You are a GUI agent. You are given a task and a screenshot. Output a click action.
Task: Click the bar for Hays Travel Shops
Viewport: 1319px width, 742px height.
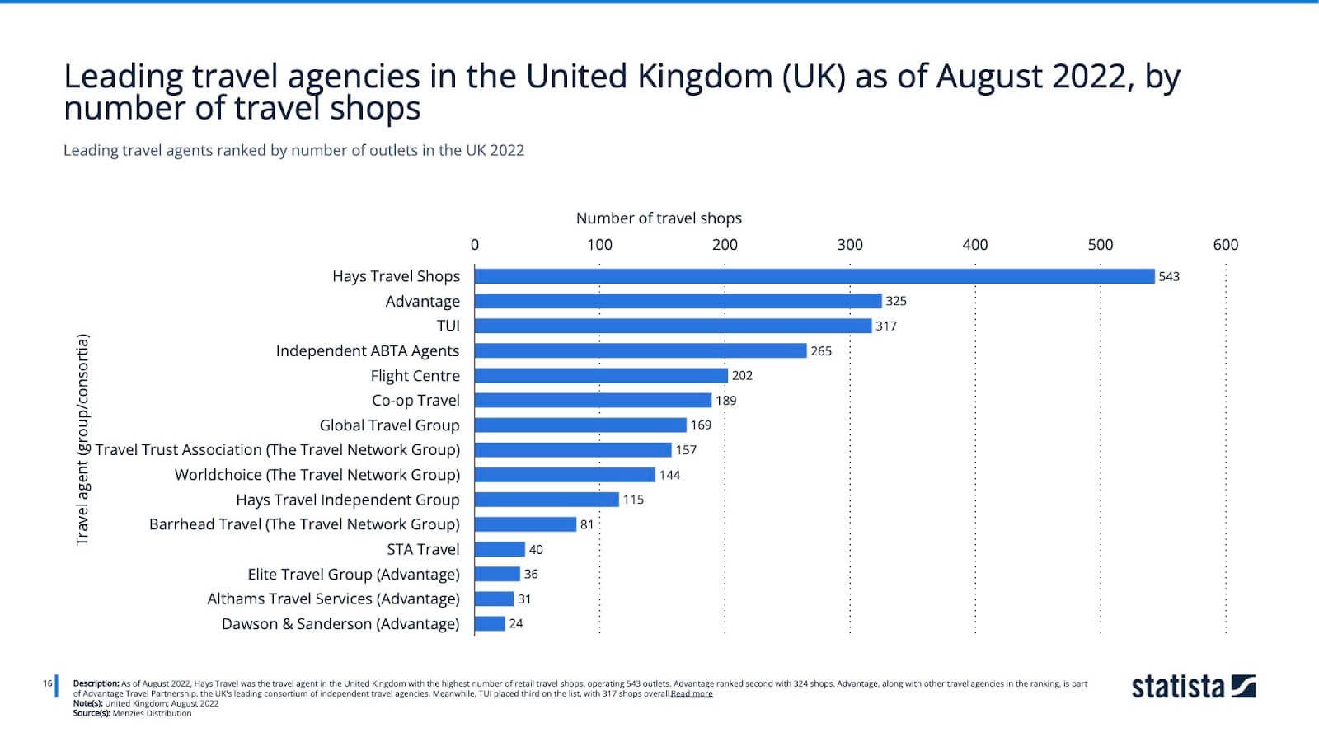pos(814,276)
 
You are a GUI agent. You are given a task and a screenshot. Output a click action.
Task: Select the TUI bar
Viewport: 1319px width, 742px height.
pos(673,326)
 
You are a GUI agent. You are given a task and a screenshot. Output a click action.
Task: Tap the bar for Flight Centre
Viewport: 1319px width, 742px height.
pos(601,375)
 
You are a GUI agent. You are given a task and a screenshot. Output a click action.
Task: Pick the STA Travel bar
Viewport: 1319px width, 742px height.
pos(500,549)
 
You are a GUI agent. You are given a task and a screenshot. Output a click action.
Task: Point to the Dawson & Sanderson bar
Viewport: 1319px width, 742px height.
pos(490,623)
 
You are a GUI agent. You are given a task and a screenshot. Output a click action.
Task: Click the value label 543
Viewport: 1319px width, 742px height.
pos(1169,276)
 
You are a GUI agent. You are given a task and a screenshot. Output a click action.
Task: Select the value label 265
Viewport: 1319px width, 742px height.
pos(821,350)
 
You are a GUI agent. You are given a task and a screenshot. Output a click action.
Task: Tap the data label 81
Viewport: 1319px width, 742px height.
pos(587,524)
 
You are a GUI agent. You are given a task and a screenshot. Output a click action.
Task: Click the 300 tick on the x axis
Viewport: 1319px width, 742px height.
pos(850,244)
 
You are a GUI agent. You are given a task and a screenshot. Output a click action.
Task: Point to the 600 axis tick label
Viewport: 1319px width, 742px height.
pos(1225,244)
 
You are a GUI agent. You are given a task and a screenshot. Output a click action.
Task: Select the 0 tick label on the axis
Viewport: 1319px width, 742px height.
pos(475,244)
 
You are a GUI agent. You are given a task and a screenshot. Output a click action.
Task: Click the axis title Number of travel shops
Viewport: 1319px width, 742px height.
pos(659,218)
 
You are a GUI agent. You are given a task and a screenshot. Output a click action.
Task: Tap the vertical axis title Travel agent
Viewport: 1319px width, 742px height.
pos(82,439)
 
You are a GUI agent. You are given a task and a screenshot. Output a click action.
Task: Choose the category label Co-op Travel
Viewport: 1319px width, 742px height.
pos(415,400)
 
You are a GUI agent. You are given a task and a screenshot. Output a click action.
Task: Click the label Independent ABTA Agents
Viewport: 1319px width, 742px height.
pos(368,350)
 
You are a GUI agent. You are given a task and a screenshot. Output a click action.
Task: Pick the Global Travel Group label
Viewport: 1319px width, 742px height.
pos(389,425)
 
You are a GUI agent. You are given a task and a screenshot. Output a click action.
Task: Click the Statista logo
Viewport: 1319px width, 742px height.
pos(1193,686)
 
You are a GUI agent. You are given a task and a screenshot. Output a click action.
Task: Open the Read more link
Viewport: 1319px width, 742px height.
pos(692,693)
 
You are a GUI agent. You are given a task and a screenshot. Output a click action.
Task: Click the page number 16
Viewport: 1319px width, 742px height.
pos(48,683)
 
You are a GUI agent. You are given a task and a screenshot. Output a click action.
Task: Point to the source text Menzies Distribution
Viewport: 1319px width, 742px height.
pos(152,713)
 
